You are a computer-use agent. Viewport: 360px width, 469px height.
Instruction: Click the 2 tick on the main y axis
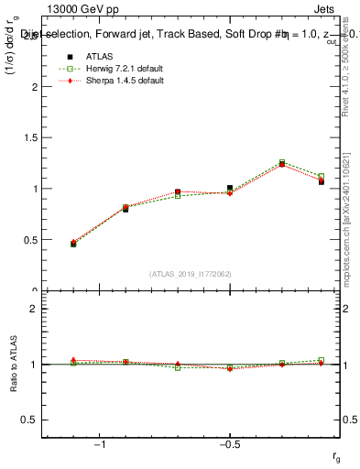(34, 87)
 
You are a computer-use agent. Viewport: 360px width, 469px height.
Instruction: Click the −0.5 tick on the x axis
(229, 445)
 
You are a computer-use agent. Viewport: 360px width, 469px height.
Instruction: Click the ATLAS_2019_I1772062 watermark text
(191, 273)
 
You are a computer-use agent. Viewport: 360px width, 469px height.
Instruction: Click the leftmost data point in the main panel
(73, 244)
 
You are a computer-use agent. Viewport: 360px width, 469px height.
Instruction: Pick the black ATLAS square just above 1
(230, 188)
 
